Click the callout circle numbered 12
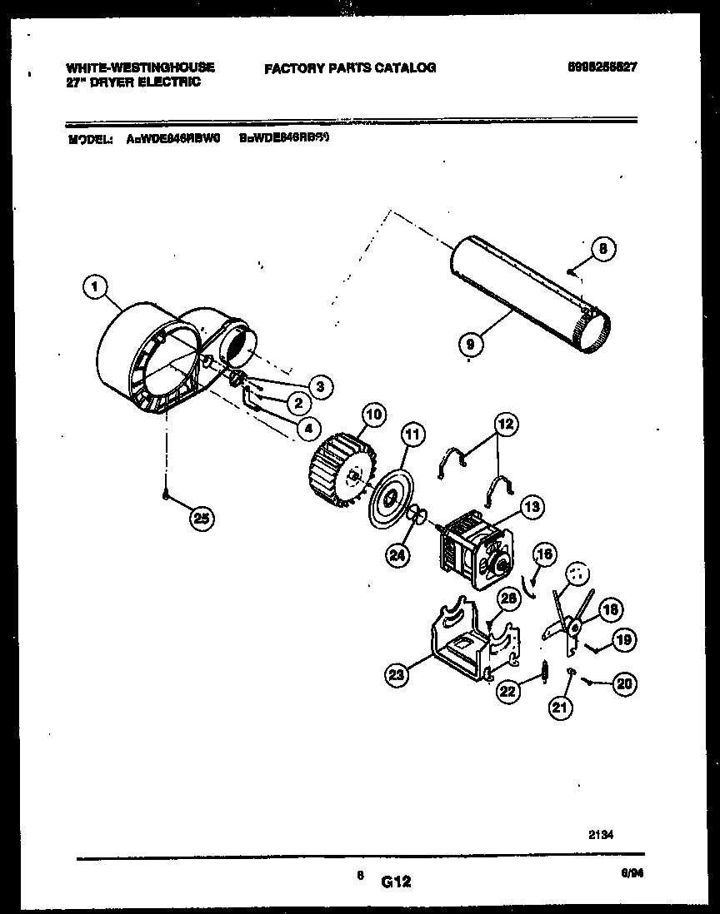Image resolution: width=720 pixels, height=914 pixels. coord(504,425)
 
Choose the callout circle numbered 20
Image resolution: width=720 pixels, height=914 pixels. coord(624,683)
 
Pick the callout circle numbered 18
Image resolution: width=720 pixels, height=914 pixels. coord(610,610)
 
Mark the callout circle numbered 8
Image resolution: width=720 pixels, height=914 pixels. coord(604,247)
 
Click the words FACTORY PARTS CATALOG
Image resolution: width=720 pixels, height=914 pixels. coord(350,68)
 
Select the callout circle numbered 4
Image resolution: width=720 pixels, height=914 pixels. coord(307,429)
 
